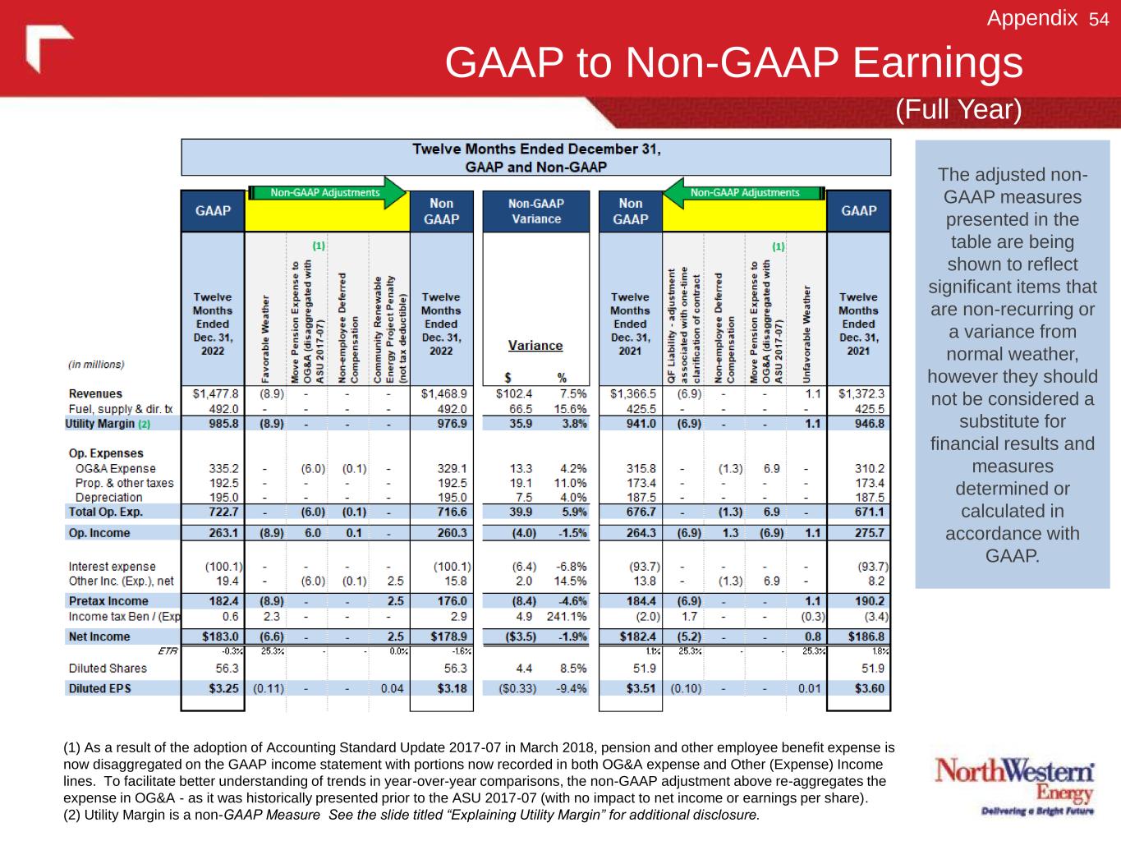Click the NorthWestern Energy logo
click(1014, 786)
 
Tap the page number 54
click(1098, 20)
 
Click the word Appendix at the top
click(1031, 18)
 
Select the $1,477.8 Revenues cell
click(215, 393)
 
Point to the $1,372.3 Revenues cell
click(861, 393)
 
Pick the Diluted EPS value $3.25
click(222, 688)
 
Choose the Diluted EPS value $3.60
click(869, 688)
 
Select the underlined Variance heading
click(535, 346)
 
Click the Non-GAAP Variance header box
click(535, 211)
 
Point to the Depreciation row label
click(108, 497)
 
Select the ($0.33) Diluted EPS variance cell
click(517, 688)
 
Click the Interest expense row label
click(112, 567)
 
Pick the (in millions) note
click(96, 364)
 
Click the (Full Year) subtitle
click(958, 108)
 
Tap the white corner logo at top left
click(48, 48)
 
